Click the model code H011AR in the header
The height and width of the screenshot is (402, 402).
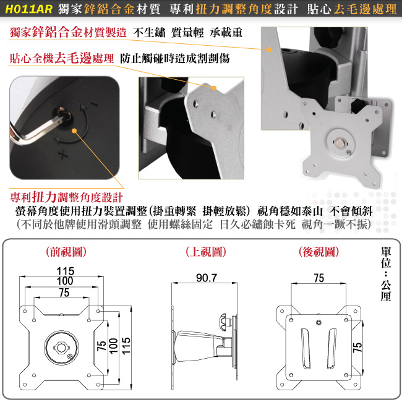tap(28, 9)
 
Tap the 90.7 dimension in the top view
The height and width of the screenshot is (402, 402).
tap(207, 278)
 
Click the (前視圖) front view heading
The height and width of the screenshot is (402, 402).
tap(66, 252)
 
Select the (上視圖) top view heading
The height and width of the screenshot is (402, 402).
tap(206, 252)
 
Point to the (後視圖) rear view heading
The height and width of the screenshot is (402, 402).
tap(319, 252)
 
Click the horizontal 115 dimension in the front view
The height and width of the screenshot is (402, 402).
tap(66, 271)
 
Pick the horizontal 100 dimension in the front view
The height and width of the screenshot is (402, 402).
tap(65, 281)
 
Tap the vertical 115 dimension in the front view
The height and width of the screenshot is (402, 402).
tap(126, 346)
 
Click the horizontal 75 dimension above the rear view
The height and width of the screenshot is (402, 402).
tap(319, 278)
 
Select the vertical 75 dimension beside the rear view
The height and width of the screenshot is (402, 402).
tap(357, 347)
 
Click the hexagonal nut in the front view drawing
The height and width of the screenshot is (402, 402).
tap(61, 348)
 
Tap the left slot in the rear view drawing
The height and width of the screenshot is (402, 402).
tap(306, 348)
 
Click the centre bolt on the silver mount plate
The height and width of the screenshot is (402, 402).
tap(340, 142)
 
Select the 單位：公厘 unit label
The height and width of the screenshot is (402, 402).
tap(386, 274)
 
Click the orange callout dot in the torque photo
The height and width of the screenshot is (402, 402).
tap(74, 130)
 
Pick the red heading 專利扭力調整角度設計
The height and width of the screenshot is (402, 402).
tap(66, 198)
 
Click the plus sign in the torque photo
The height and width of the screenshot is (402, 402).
tap(63, 155)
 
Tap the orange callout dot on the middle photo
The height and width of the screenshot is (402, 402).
tap(214, 88)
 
